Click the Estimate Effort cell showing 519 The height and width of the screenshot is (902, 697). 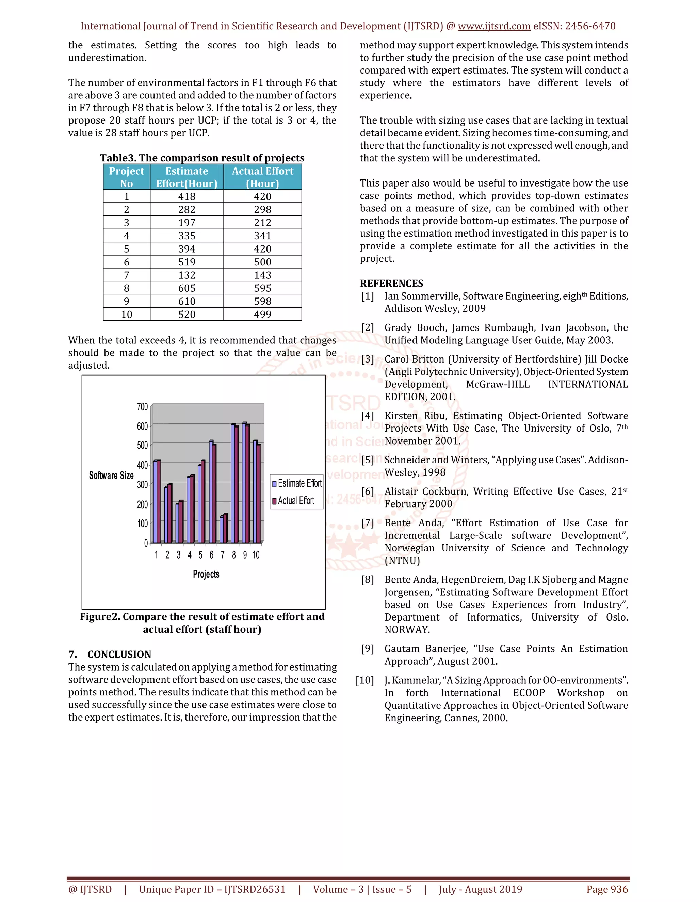point(187,262)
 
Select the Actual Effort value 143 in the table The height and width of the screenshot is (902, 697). point(263,275)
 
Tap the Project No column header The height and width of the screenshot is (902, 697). point(126,177)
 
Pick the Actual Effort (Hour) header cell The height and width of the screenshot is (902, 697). point(263,177)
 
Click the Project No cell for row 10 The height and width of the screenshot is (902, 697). point(126,314)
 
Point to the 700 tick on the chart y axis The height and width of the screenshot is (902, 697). point(143,407)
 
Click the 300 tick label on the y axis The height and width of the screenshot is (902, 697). point(143,484)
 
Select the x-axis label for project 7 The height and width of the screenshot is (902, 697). point(223,555)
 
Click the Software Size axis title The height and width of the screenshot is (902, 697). point(111,476)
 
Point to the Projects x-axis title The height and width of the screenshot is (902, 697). point(206,574)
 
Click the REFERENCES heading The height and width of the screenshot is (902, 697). point(391,283)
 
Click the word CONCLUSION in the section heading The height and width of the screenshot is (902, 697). point(119,654)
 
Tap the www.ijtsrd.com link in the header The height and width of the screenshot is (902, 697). point(494,26)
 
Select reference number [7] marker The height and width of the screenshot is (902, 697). point(368,523)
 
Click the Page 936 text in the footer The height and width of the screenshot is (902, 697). point(607,889)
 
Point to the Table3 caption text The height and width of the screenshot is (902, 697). point(202,158)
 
